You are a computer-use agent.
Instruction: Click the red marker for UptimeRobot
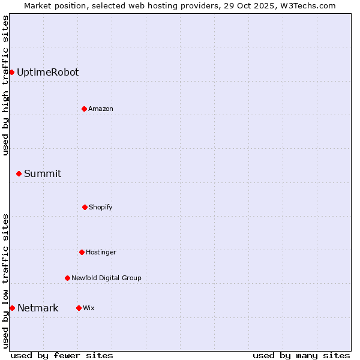[11, 72]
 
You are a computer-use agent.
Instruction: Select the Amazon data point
[85, 109]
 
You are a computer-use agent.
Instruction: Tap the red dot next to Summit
[19, 173]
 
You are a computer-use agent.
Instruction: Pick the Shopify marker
[85, 207]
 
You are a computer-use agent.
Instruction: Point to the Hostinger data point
[82, 252]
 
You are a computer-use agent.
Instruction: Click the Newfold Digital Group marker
[67, 278]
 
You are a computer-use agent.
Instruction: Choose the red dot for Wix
[79, 308]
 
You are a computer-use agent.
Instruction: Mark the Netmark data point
[12, 308]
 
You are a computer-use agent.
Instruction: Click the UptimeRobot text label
[47, 72]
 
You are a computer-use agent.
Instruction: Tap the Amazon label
[101, 109]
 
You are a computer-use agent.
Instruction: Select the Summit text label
[43, 173]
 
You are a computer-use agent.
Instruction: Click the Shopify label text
[101, 207]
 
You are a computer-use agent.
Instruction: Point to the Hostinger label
[101, 252]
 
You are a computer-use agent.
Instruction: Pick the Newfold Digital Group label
[106, 278]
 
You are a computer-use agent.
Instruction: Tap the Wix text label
[89, 308]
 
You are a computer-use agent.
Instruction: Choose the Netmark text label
[38, 308]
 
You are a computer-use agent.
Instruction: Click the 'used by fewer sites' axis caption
[62, 355]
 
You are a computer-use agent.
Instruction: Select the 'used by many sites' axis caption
[301, 355]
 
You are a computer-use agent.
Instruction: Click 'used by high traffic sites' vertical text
[5, 85]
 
